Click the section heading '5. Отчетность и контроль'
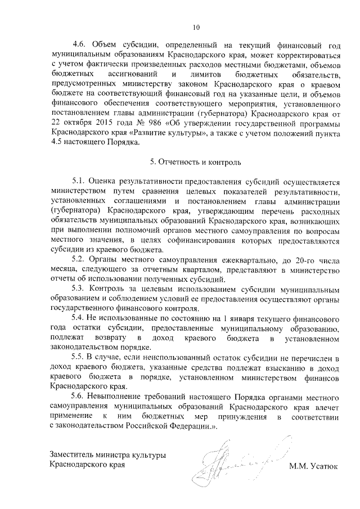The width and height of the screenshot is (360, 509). (x=196, y=162)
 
